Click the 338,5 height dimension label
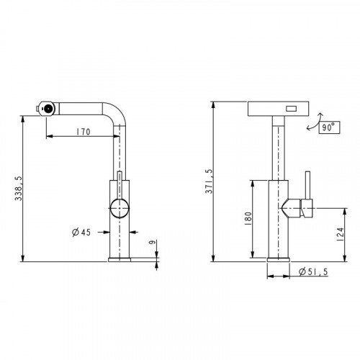click(19, 189)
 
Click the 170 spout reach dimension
click(84, 132)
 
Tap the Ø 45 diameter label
click(81, 232)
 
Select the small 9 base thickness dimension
click(152, 242)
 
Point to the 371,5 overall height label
click(209, 181)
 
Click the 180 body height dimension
click(248, 218)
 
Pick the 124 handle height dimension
click(341, 234)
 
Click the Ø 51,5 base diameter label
click(313, 271)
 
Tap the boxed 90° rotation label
click(329, 127)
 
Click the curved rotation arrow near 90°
click(315, 122)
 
